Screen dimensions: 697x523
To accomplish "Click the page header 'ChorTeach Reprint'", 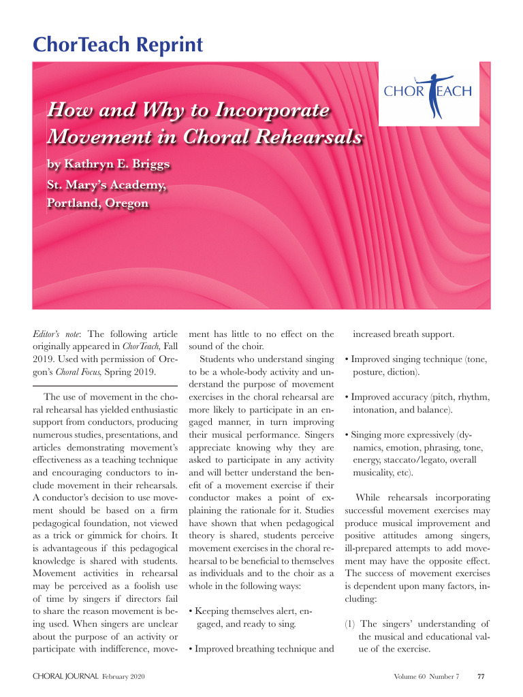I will pyautogui.click(x=118, y=45).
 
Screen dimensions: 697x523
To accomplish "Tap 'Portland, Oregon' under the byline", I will pyautogui.click(x=97, y=204).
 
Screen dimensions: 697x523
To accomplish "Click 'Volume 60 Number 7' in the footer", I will pyautogui.click(x=426, y=677).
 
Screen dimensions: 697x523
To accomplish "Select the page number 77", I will pyautogui.click(x=481, y=677).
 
